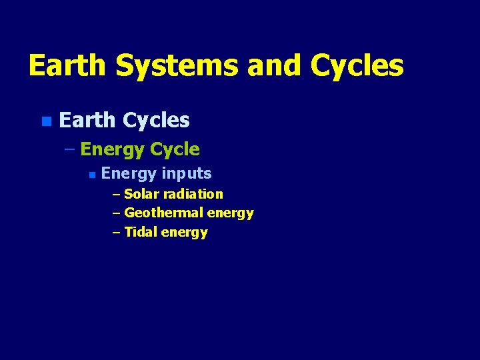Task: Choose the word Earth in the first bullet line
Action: [x=87, y=120]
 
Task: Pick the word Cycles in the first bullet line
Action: [x=156, y=120]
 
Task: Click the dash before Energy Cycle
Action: [x=70, y=149]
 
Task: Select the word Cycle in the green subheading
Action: [x=175, y=149]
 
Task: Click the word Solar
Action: [x=141, y=194]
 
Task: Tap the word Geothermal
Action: [x=163, y=213]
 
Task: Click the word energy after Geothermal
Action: [x=230, y=213]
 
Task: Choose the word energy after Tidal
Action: [x=184, y=233]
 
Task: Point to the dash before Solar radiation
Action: [x=117, y=194]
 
